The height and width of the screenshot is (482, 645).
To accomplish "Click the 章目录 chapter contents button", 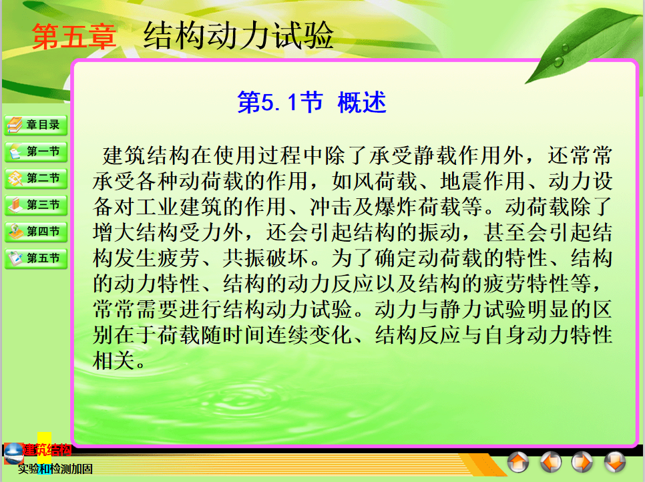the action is click(36, 125).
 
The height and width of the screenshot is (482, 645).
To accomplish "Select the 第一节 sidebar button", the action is click(36, 152).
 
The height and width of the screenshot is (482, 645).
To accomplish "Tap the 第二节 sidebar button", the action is click(36, 178).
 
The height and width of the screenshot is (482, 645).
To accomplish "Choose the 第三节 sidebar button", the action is click(36, 205).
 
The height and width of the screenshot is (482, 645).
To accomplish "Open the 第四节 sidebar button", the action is click(36, 232).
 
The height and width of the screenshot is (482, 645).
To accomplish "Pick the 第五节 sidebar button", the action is click(36, 258).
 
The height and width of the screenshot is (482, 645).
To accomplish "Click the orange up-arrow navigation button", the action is click(518, 462).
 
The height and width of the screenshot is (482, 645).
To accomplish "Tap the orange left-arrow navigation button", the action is click(551, 462).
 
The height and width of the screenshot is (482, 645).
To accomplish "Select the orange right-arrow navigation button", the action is click(582, 462).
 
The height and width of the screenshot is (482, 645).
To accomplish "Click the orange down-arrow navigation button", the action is click(615, 462).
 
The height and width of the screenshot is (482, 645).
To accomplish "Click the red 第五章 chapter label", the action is click(74, 37).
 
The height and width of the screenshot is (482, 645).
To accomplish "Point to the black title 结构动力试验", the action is click(238, 35).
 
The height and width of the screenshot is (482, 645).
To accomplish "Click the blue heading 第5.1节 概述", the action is click(312, 102).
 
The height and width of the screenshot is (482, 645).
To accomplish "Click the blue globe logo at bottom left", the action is click(13, 453).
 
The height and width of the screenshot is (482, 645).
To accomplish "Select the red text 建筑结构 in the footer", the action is click(47, 450).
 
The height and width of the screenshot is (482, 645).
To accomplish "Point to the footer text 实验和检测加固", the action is click(55, 469).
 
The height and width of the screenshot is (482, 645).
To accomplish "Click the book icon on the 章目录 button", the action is click(15, 125).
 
